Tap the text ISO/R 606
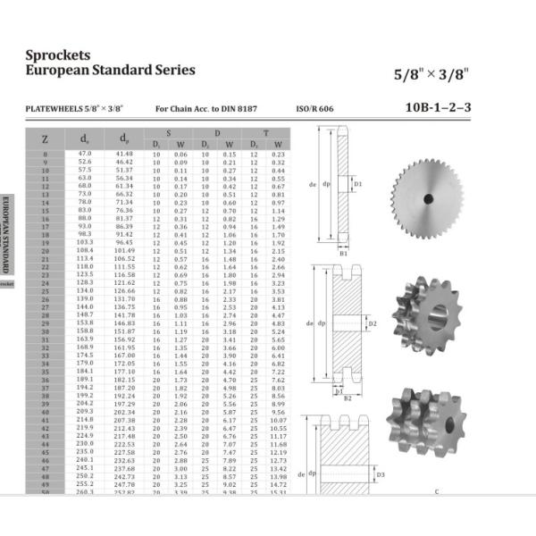[x=314, y=109]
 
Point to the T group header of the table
[x=268, y=132]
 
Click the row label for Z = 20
[x=45, y=251]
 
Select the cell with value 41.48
[x=124, y=154]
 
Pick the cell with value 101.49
[x=124, y=251]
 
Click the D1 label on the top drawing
[x=358, y=184]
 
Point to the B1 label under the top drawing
[x=344, y=253]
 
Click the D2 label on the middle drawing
[x=373, y=322]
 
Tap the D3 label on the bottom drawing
[x=380, y=474]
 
